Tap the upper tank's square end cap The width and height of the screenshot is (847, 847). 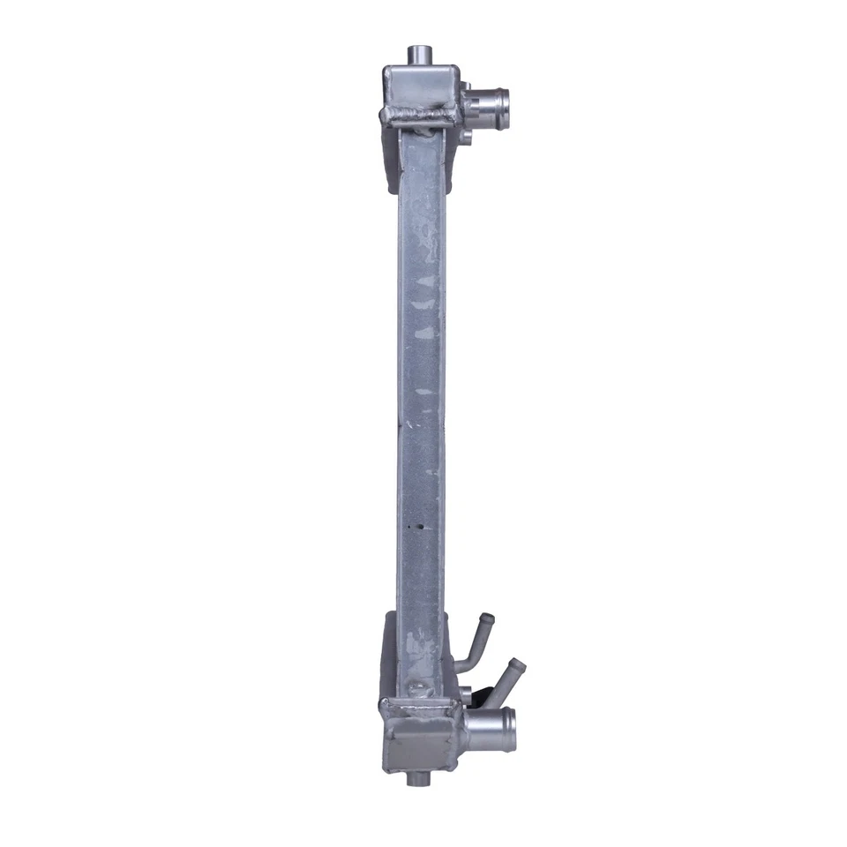[420, 86]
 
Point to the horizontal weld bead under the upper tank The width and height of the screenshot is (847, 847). [419, 113]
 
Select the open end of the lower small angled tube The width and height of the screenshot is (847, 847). [518, 664]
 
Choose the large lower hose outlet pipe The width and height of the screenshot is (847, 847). [490, 730]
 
